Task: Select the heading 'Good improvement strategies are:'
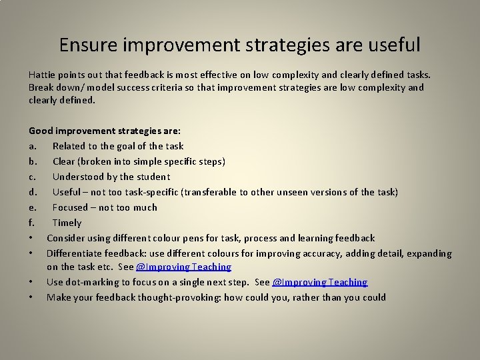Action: (x=100, y=131)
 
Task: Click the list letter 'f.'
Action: (x=32, y=223)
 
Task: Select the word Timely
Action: (x=67, y=223)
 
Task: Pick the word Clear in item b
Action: (x=64, y=161)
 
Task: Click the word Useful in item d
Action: (x=67, y=192)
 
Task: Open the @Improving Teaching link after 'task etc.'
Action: (x=183, y=267)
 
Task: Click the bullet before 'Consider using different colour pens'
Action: (x=32, y=238)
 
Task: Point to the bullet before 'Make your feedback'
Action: (x=32, y=297)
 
